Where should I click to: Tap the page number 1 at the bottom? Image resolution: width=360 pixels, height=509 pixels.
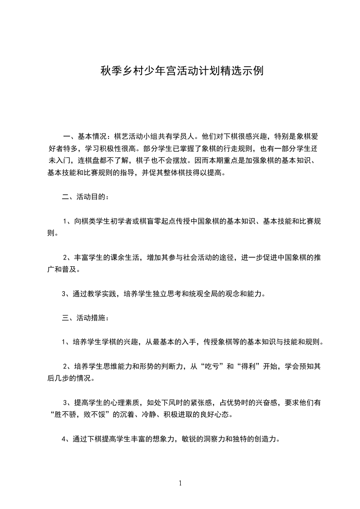coord(180,483)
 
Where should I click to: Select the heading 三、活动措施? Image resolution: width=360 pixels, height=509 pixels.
coord(85,318)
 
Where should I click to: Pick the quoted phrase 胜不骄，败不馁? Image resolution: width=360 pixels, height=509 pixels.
coord(82,414)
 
